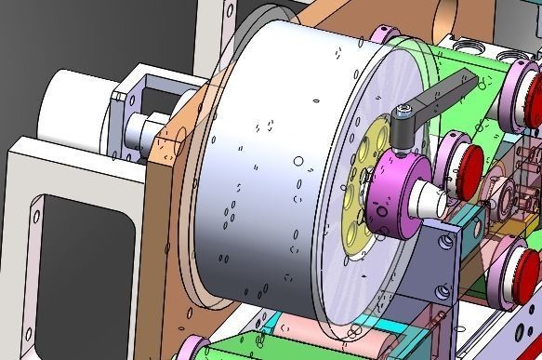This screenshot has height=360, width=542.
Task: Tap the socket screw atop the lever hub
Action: [x=403, y=113]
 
